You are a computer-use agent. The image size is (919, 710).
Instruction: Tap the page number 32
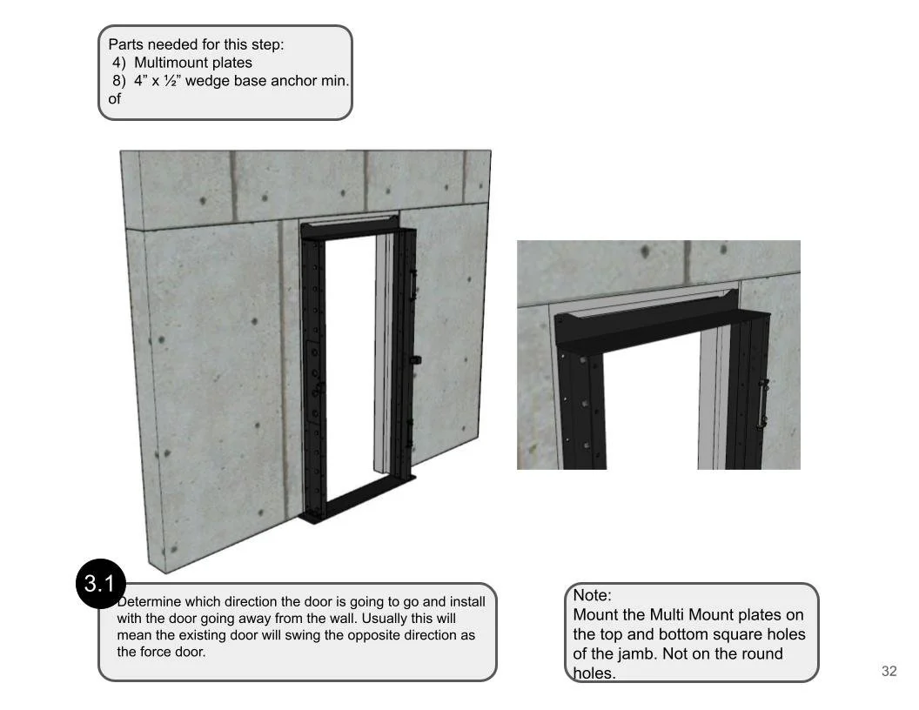889,671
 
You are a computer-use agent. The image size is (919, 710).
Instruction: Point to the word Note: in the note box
592,595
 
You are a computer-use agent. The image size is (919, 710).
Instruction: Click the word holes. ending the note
594,673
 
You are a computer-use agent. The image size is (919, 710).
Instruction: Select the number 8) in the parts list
119,81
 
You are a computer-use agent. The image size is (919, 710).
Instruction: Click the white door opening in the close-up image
653,409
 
